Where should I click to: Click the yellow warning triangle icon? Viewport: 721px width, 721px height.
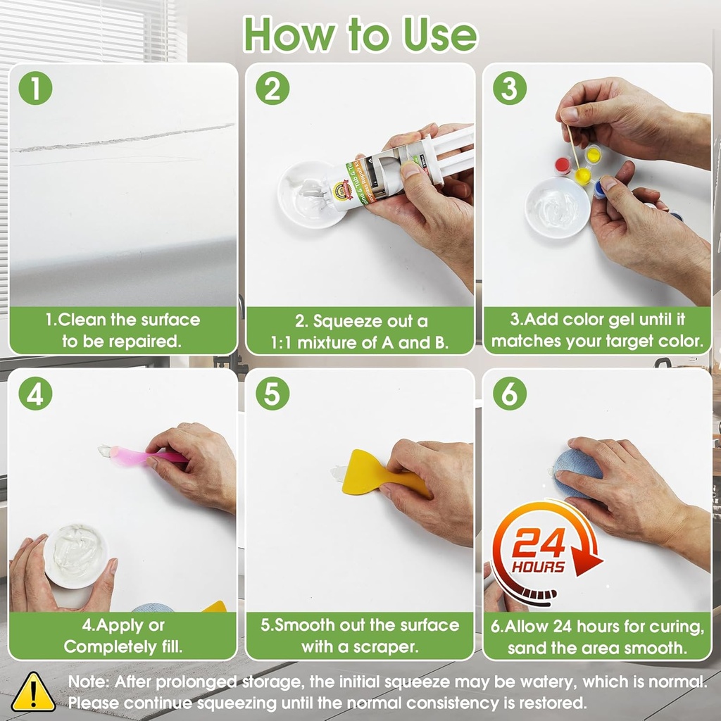click(x=33, y=692)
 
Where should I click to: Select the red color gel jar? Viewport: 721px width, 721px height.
click(x=563, y=165)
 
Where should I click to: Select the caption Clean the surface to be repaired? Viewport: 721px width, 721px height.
click(x=123, y=331)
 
